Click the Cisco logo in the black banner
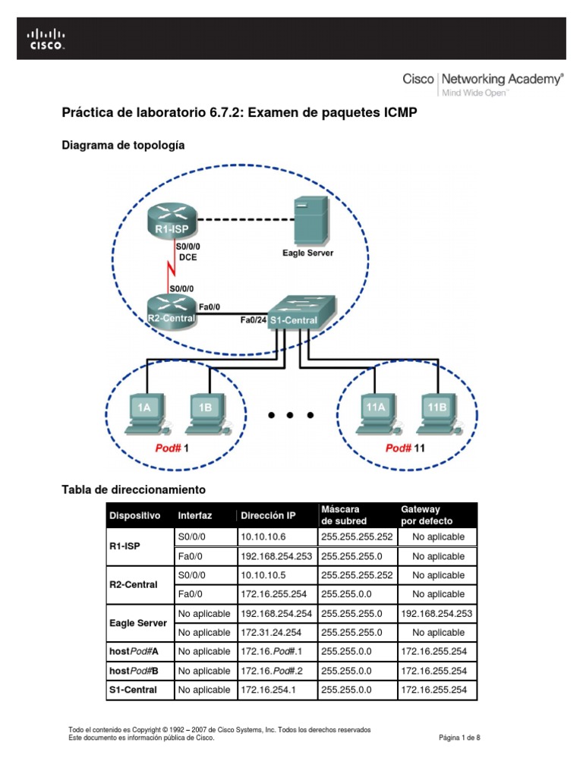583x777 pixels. (47, 39)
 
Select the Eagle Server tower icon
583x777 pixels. (310, 219)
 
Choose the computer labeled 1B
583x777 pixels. (205, 411)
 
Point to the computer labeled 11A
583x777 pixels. (376, 411)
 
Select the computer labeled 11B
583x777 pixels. (437, 411)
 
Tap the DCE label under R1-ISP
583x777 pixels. (188, 257)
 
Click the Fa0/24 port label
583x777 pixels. (253, 320)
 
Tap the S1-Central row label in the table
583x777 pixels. (133, 690)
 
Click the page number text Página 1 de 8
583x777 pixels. (460, 738)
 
